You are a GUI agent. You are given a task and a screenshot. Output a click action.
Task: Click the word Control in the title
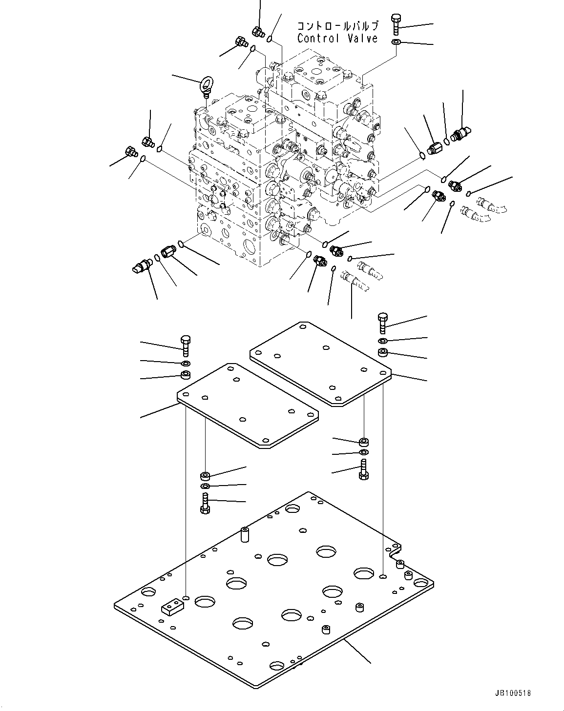coord(318,39)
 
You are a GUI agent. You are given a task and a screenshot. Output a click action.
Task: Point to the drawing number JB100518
coord(512,693)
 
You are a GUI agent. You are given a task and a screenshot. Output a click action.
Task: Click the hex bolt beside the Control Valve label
coord(396,24)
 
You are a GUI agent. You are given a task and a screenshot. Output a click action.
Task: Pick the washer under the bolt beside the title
coord(396,43)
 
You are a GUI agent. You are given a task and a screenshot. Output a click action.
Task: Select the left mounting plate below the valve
coord(248,404)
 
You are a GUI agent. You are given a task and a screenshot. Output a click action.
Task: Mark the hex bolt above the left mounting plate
coord(186,346)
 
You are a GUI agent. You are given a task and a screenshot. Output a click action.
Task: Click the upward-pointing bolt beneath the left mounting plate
coord(205,503)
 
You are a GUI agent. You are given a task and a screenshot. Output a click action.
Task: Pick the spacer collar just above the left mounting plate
coord(186,375)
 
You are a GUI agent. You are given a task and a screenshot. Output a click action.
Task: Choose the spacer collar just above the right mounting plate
coord(383,352)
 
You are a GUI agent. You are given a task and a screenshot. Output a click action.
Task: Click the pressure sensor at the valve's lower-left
coord(141,266)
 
